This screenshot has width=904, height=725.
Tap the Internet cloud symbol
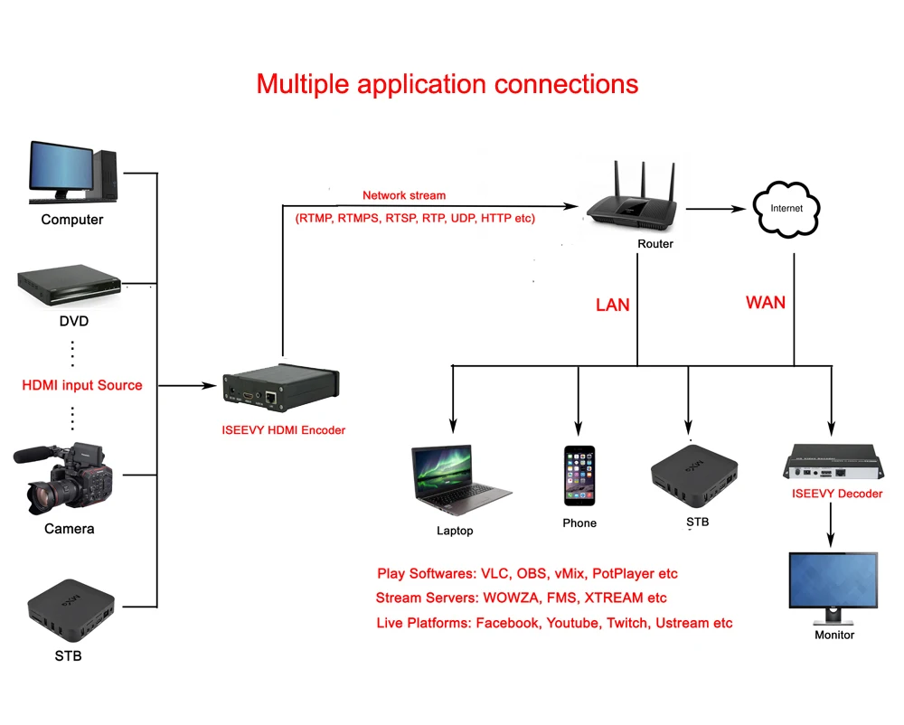pyautogui.click(x=786, y=208)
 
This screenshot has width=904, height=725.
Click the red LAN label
pyautogui.click(x=612, y=305)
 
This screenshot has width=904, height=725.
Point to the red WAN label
pyautogui.click(x=766, y=302)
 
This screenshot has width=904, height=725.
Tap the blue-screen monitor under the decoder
pyautogui.click(x=833, y=588)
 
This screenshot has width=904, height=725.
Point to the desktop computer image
pyautogui.click(x=72, y=172)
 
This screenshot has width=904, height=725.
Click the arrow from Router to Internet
pyautogui.click(x=719, y=208)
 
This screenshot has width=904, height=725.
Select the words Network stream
pyautogui.click(x=404, y=195)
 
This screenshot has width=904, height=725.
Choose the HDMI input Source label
pyautogui.click(x=82, y=385)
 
